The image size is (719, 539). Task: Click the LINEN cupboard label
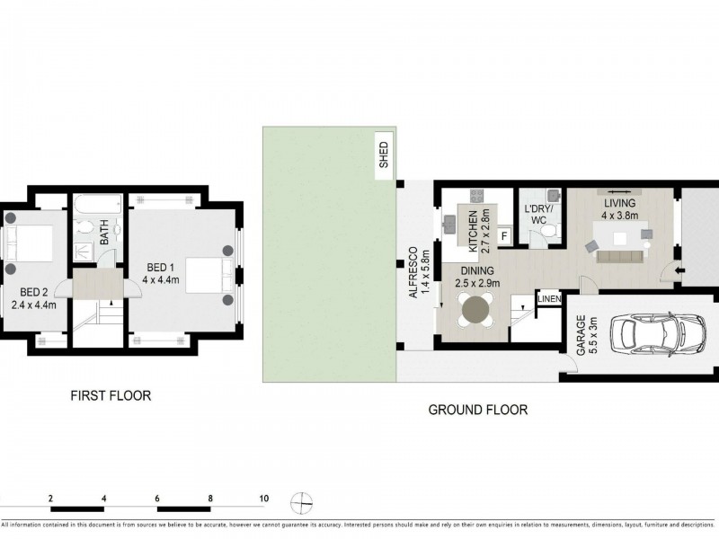tap(549, 298)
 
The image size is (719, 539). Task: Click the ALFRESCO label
tap(413, 272)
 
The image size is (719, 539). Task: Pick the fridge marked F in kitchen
tap(503, 236)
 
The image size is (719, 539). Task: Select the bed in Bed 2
tap(29, 243)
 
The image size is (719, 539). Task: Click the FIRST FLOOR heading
tap(111, 395)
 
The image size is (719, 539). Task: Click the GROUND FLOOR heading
tap(477, 410)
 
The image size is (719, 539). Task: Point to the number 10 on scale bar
tap(263, 498)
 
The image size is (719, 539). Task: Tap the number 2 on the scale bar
tap(51, 498)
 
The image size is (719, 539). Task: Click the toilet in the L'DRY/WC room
tap(547, 234)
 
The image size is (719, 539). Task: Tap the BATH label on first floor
tap(104, 234)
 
